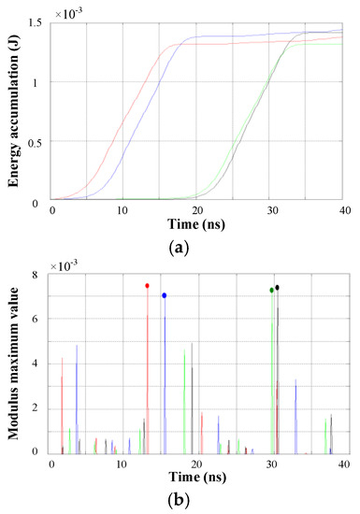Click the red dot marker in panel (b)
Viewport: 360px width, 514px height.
coord(147,286)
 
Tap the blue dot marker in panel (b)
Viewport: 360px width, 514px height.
coord(165,295)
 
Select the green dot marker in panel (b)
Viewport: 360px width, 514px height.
coord(271,290)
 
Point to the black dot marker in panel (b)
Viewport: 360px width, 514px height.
coord(278,288)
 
